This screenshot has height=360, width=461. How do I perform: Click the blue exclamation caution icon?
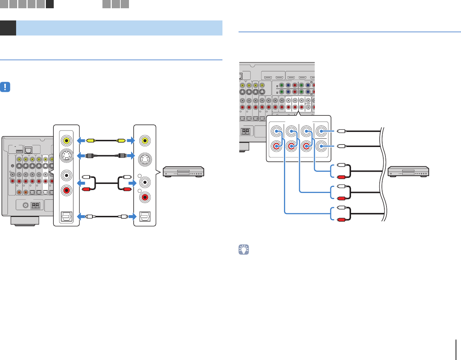tap(5, 87)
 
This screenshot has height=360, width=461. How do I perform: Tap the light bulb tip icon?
tap(244, 250)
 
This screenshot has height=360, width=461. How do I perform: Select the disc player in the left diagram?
tap(183, 172)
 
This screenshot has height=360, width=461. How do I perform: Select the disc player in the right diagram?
tap(409, 171)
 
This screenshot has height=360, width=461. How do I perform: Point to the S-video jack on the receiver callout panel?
tap(67, 156)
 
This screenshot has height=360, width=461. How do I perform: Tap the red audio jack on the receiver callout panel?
tap(67, 190)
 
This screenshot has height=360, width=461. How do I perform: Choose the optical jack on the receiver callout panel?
tap(67, 216)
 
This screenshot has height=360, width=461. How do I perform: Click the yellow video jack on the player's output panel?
tap(145, 140)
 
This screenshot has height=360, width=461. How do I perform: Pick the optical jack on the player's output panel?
tap(145, 216)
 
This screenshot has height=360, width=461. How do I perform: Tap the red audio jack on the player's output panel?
tap(145, 197)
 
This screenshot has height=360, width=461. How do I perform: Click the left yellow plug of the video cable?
tap(91, 141)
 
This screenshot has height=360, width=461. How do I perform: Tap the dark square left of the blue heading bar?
tap(8, 28)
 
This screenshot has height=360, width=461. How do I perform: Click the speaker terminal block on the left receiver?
tap(35, 205)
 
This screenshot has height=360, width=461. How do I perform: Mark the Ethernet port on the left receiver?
tap(29, 150)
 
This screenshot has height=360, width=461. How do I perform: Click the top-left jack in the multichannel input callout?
tap(276, 132)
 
